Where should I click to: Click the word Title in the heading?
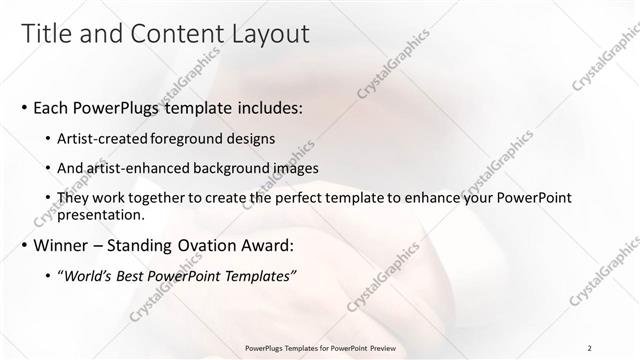click(x=47, y=33)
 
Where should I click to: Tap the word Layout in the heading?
click(x=267, y=33)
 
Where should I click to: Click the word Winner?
click(x=62, y=245)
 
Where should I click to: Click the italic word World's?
click(x=87, y=275)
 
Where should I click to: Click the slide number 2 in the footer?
click(x=590, y=349)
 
